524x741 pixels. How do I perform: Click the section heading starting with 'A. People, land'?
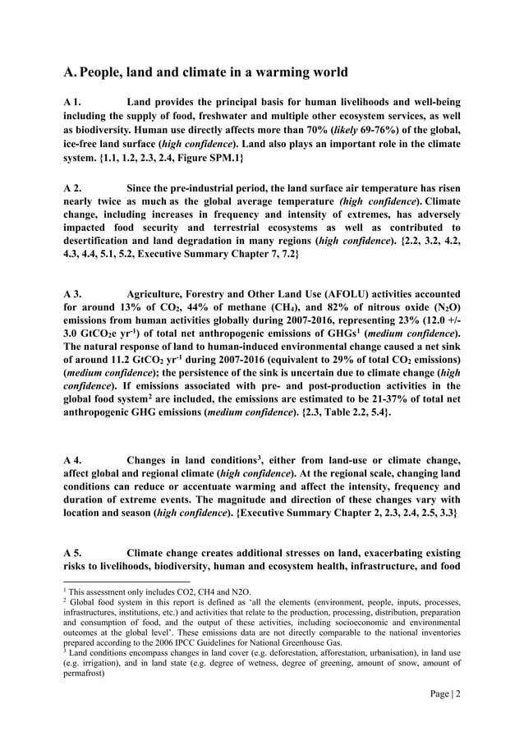tap(205, 72)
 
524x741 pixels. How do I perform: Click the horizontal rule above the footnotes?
tap(115, 582)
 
